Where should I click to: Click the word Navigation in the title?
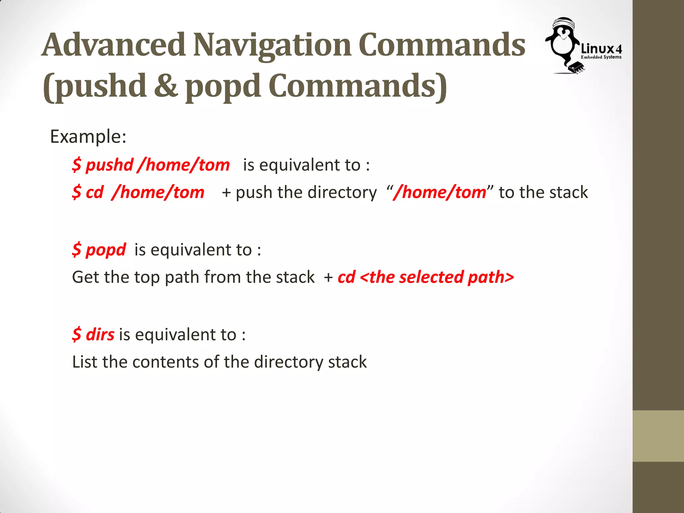tap(272, 45)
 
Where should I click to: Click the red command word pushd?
tap(110, 165)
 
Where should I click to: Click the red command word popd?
tap(106, 250)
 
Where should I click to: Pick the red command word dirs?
tap(100, 334)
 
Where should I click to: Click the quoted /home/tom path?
tap(440, 192)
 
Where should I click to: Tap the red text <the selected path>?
tap(437, 277)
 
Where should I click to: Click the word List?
tap(85, 362)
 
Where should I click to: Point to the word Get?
tap(85, 277)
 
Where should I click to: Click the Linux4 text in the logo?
tap(601, 49)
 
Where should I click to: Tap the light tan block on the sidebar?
tap(658, 436)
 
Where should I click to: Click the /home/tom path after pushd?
tap(183, 165)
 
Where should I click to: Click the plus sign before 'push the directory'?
tap(226, 193)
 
